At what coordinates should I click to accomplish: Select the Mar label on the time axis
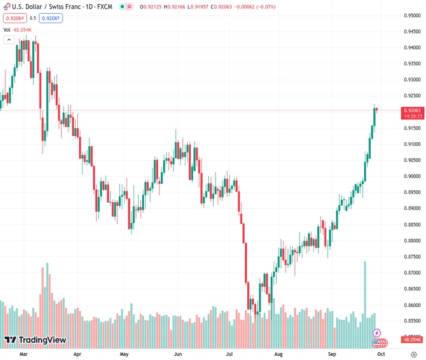pos(24,355)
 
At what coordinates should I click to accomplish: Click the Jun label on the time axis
pos(177,355)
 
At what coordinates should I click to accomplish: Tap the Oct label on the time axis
pos(380,355)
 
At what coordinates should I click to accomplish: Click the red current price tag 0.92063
pos(413,110)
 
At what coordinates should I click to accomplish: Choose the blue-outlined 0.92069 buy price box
pos(51,18)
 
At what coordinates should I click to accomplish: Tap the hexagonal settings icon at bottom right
pos(414,355)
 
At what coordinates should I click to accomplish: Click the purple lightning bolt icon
pos(377,332)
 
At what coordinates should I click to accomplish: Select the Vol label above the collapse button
pos(7,29)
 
